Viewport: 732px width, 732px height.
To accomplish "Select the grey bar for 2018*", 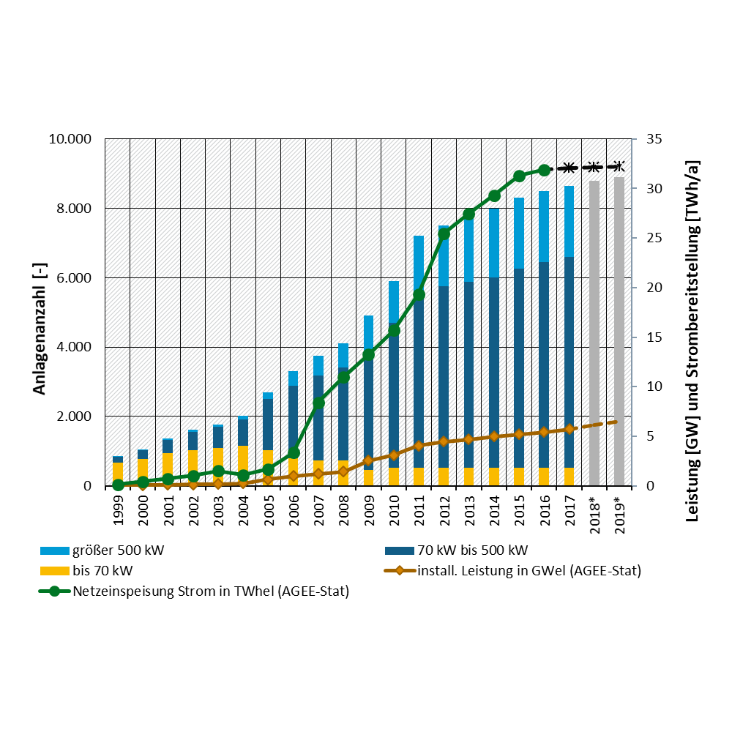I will click(x=594, y=333).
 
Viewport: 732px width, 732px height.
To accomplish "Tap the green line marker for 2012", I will click(x=444, y=234).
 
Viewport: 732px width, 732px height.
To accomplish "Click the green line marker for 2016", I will click(x=544, y=170).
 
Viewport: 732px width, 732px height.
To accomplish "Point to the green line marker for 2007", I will click(x=318, y=403).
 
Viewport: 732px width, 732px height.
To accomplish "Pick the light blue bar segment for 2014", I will click(x=494, y=243).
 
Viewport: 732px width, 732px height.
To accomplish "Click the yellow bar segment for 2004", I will click(x=243, y=466).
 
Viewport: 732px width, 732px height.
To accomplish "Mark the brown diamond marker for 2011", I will click(x=419, y=446).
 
